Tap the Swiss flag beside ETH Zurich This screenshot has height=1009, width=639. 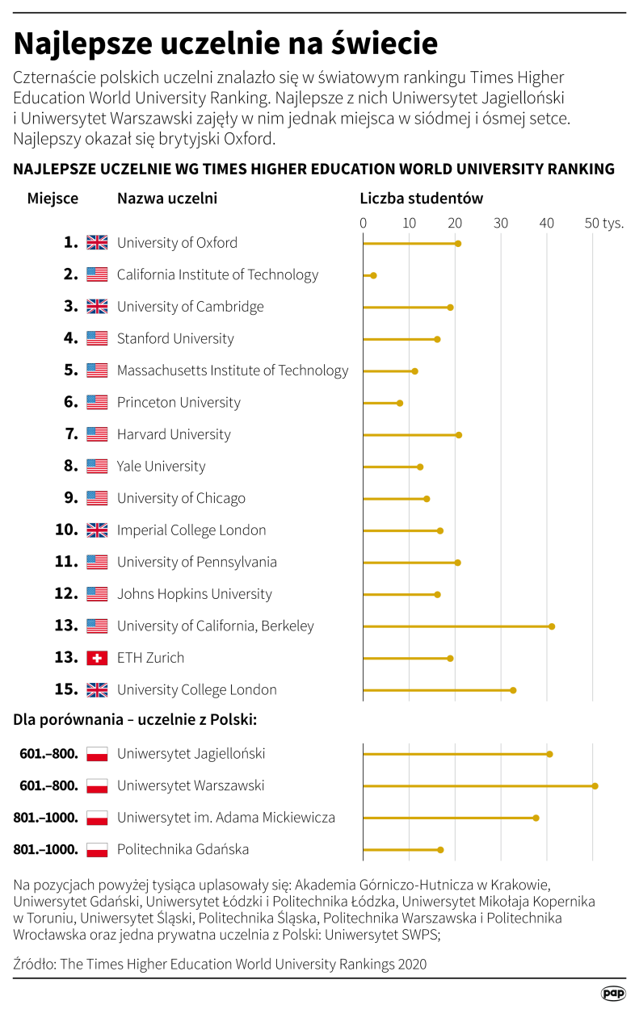pos(97,658)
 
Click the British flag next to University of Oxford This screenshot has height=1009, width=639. pos(97,242)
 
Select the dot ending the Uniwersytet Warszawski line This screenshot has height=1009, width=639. pos(595,785)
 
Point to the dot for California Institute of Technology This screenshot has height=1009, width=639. pos(373,275)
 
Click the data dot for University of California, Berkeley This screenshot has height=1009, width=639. pos(552,626)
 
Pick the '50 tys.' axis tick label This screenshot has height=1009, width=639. pos(604,223)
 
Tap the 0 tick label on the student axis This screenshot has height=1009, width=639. pos(364,223)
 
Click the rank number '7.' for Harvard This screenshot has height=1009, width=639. pos(71,434)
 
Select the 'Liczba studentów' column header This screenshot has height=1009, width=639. pos(421,199)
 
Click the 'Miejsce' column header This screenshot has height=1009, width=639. pos(53,199)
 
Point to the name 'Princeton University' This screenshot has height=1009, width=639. pos(179,402)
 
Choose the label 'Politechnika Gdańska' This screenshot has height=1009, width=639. pos(183,849)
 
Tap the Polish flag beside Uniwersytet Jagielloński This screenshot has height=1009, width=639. pos(97,754)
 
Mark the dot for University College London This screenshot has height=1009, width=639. pos(513,690)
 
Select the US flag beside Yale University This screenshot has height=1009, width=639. pos(97,466)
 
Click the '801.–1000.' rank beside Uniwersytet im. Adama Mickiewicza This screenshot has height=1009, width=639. pos(46,818)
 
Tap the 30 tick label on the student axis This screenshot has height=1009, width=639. pos(502,223)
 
